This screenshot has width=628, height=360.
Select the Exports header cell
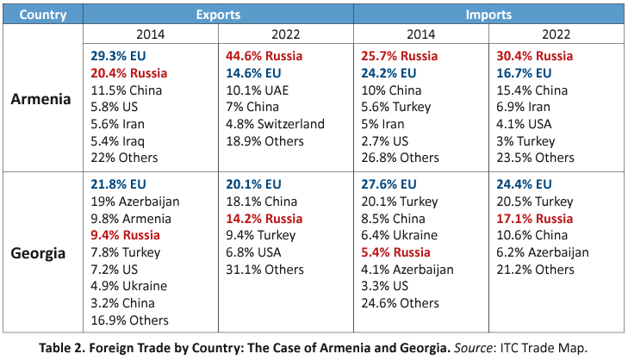tap(218, 15)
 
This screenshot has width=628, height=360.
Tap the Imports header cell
tap(488, 15)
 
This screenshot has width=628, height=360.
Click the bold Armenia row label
tap(41, 98)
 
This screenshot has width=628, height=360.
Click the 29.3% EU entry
tap(119, 56)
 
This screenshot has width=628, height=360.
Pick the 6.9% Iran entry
tap(525, 107)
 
